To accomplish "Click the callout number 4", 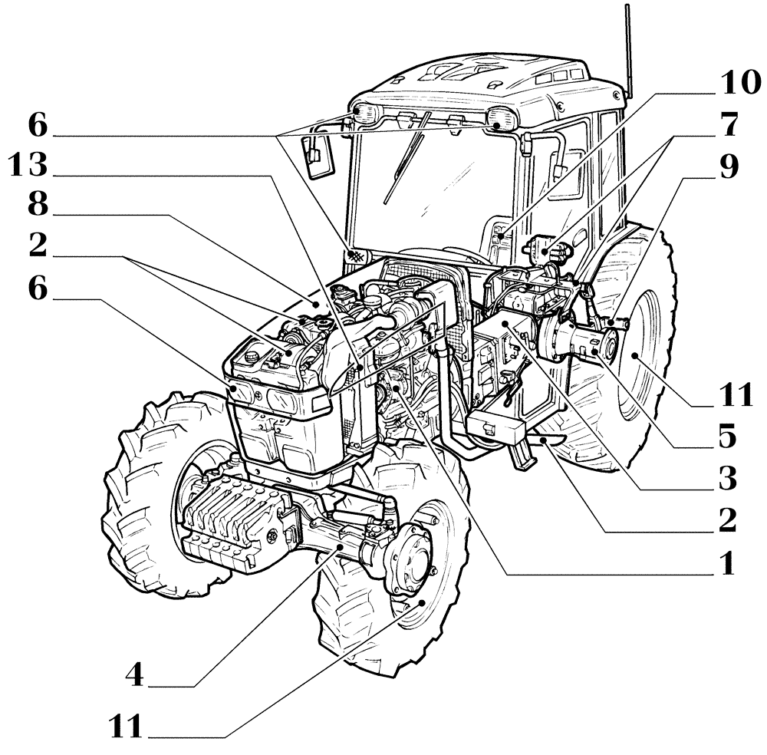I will point(136,675).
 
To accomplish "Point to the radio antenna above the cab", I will point(627,46).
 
